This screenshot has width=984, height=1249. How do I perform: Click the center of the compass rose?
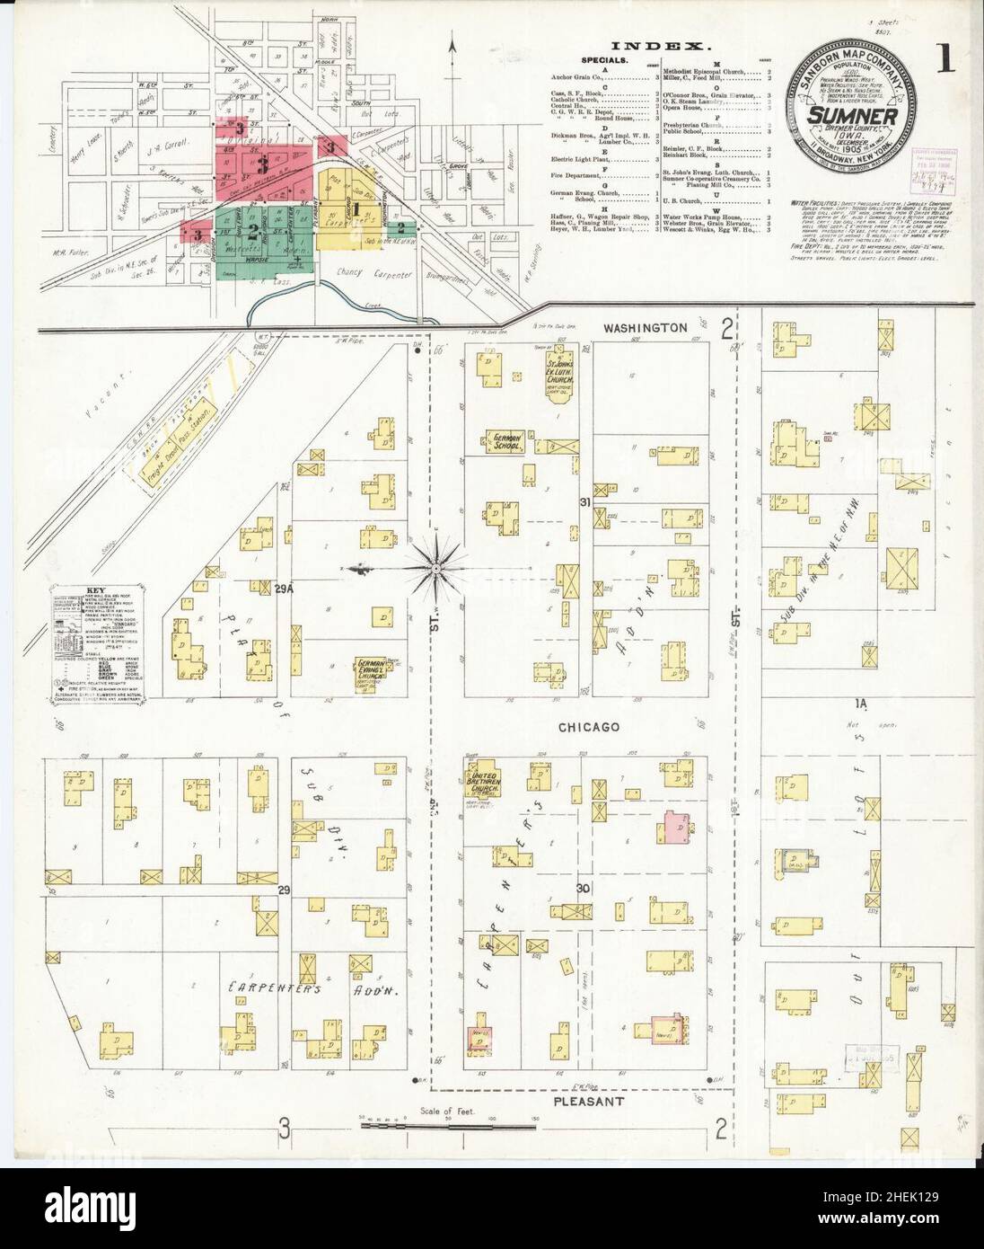tap(435, 568)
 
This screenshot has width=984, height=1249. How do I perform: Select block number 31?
tap(585, 502)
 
